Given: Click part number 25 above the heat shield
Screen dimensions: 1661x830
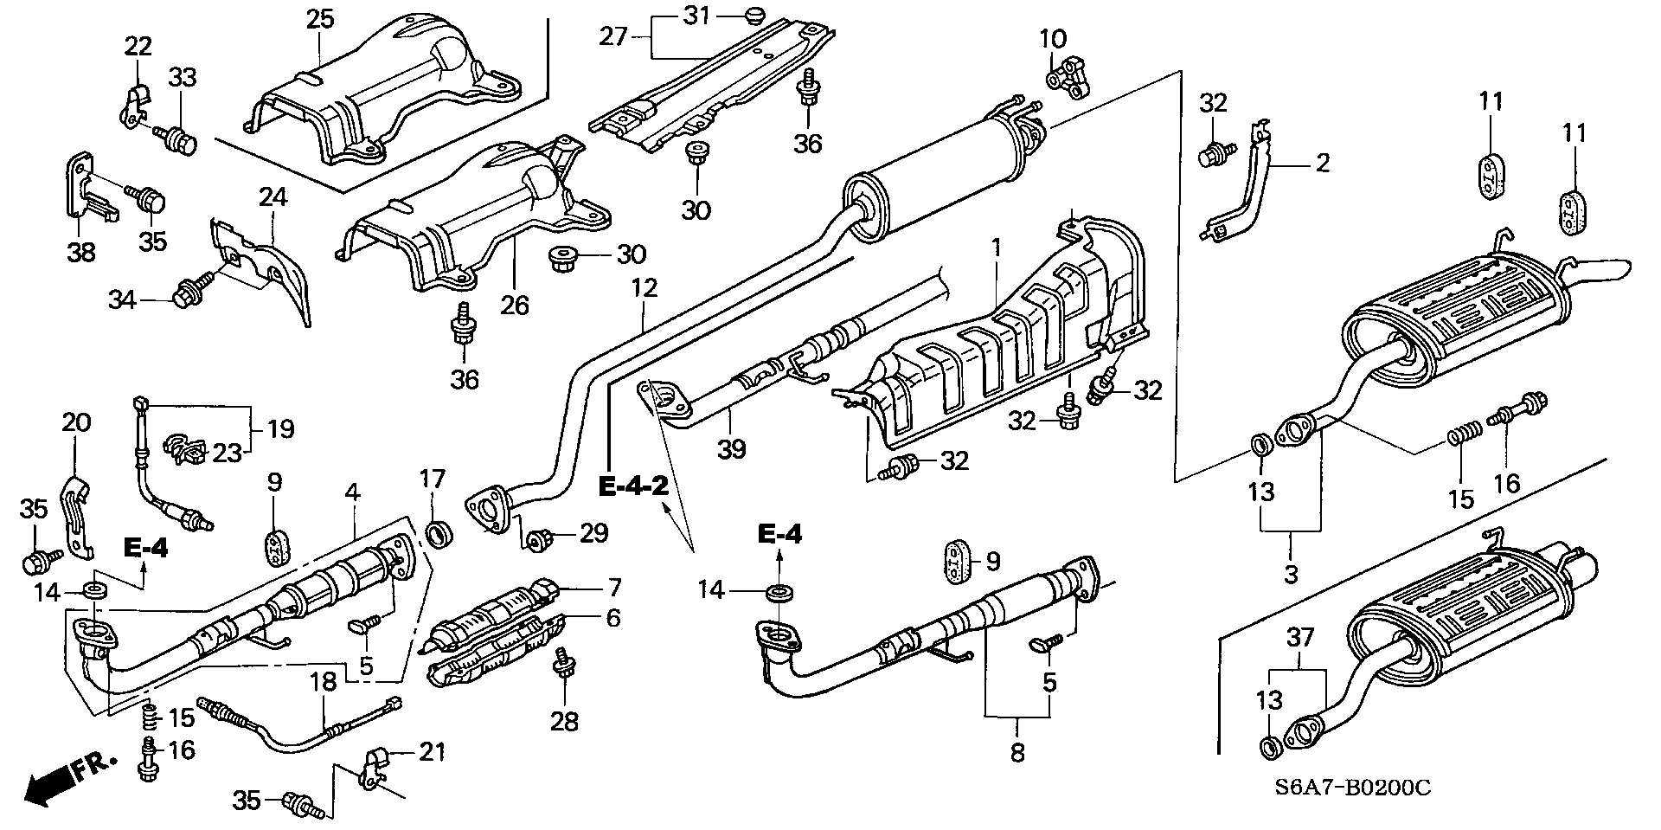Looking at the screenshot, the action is point(320,19).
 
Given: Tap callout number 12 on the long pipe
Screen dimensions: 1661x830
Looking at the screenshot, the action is point(645,289).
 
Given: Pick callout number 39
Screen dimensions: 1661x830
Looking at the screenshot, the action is point(731,448).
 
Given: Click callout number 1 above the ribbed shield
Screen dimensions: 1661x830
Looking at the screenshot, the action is point(996,248).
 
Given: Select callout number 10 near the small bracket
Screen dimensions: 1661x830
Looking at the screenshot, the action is point(1053,39).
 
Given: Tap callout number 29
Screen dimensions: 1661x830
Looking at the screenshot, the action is point(593,533).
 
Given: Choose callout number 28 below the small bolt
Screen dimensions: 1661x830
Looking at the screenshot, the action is point(564,721).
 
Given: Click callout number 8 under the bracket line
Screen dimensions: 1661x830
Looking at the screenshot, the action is point(1017,753).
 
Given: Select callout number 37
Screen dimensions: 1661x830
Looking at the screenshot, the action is point(1300,638).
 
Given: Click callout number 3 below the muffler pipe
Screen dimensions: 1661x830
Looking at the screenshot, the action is point(1291,574).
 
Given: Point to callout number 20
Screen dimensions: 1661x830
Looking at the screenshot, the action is point(76,422).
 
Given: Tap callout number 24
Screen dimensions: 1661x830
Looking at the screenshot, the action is point(273,198).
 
